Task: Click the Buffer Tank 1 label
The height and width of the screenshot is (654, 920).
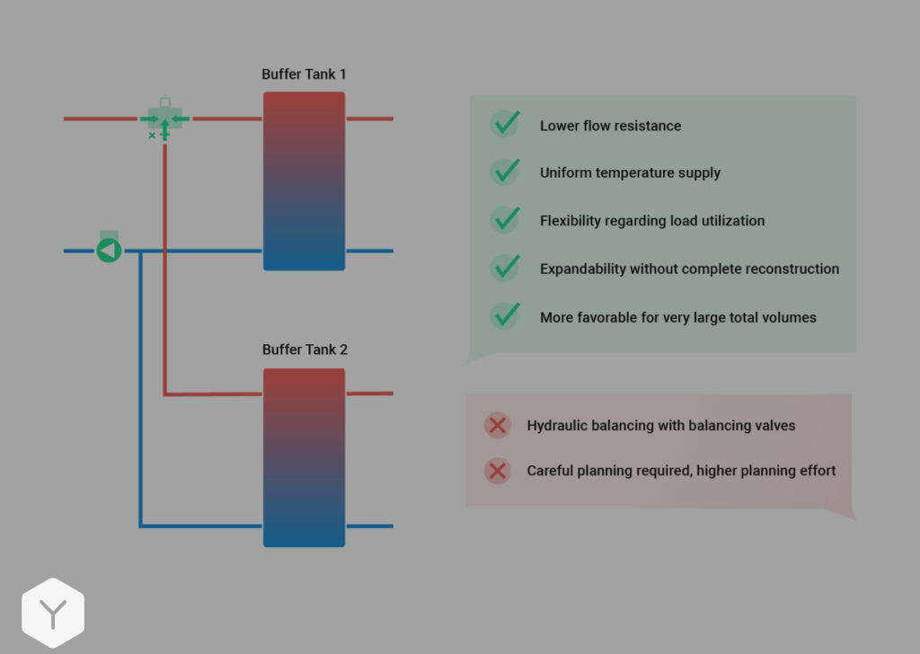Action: click(x=304, y=75)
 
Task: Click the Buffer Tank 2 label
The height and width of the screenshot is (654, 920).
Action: click(x=305, y=349)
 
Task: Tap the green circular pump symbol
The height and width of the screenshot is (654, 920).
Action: click(x=109, y=251)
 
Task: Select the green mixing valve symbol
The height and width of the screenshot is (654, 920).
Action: click(x=164, y=119)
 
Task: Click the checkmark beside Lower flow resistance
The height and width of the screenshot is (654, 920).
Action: click(x=506, y=124)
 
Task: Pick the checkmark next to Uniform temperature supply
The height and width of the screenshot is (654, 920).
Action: click(x=506, y=172)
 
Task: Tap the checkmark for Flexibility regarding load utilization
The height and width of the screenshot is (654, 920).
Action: click(x=506, y=219)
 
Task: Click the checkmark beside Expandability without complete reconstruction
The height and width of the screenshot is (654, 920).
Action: click(x=506, y=267)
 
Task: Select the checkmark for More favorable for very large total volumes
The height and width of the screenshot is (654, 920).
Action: click(x=506, y=315)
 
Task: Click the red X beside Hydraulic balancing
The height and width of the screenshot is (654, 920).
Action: click(x=497, y=425)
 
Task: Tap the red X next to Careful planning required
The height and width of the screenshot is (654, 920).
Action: click(x=497, y=471)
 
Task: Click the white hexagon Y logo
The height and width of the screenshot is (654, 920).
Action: click(x=53, y=614)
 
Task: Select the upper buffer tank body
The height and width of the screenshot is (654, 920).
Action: click(x=304, y=181)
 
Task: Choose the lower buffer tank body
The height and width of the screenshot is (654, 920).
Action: click(x=304, y=457)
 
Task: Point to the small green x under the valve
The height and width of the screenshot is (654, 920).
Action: click(x=152, y=136)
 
